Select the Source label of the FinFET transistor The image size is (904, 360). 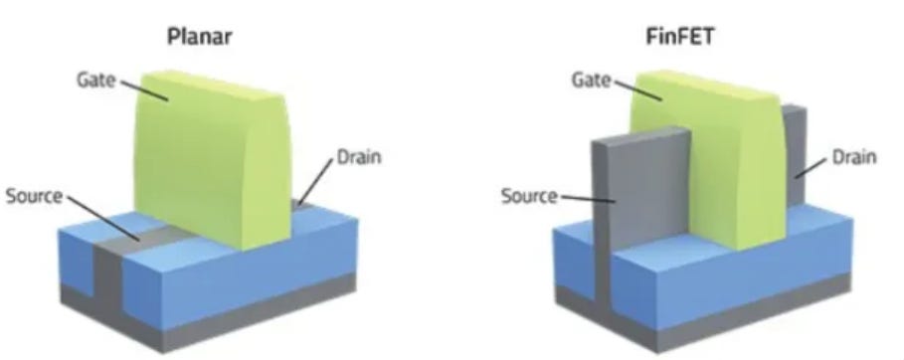pyautogui.click(x=527, y=195)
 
